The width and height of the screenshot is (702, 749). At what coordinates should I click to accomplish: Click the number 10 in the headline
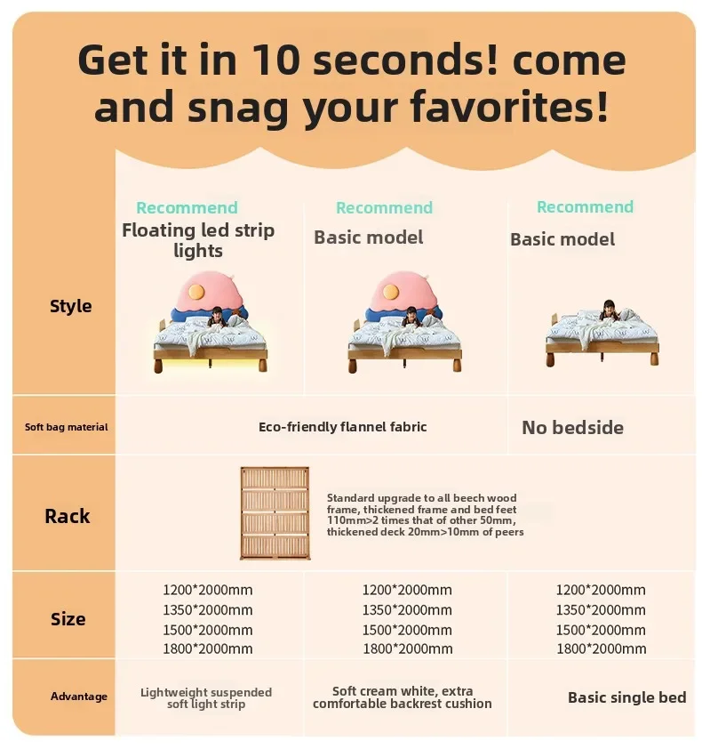[275, 60]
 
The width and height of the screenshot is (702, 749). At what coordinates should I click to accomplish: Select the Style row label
[70, 306]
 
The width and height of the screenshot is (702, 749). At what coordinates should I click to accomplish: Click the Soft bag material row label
[67, 427]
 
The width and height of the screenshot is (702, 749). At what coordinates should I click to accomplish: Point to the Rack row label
[68, 516]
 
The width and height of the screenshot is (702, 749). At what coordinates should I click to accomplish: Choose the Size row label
[68, 619]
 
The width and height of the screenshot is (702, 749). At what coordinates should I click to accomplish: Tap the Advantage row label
[79, 697]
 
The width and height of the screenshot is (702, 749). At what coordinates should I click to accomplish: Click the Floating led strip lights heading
[198, 240]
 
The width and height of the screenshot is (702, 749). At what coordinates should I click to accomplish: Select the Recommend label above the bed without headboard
[585, 207]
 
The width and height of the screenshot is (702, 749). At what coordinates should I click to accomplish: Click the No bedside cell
[572, 428]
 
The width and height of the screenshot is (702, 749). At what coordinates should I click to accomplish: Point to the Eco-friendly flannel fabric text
[343, 427]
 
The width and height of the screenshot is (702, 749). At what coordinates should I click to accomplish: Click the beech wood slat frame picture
[275, 513]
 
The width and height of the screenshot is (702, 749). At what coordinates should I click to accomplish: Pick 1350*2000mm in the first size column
[208, 610]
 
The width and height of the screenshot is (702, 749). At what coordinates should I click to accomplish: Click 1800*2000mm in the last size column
[602, 648]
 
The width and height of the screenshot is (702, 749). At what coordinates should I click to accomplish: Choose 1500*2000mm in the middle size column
[407, 630]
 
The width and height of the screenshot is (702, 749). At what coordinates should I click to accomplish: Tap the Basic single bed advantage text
[627, 697]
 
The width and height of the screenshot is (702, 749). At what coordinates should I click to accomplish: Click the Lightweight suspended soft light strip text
[206, 698]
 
